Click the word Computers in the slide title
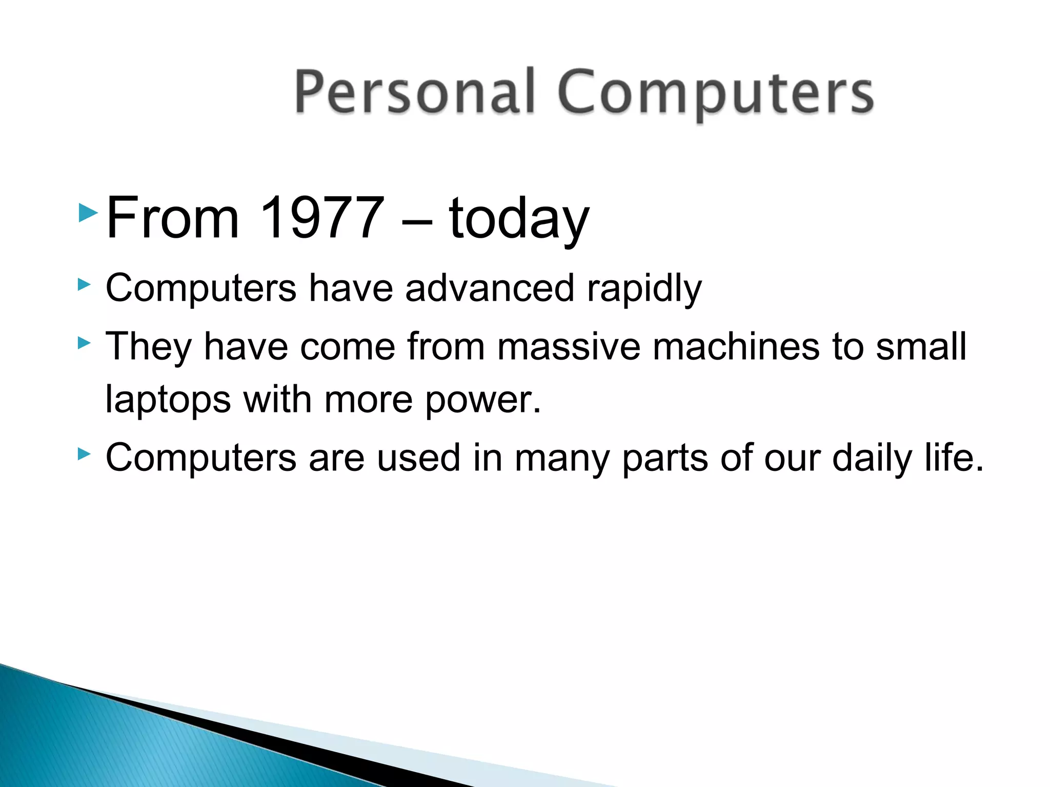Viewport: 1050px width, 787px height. (715, 93)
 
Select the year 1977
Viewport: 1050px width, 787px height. (322, 218)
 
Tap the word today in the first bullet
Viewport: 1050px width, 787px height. (519, 219)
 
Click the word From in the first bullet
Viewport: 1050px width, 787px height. (173, 218)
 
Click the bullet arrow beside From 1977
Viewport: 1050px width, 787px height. (88, 212)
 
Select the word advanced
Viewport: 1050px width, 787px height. (489, 288)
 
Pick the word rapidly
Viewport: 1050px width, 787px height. (644, 289)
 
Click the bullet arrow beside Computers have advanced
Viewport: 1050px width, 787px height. (84, 284)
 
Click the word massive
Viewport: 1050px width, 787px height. (569, 347)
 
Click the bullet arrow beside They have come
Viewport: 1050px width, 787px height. (84, 342)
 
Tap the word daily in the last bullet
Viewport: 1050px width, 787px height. (872, 458)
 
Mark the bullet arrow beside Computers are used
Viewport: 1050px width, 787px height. (84, 453)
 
